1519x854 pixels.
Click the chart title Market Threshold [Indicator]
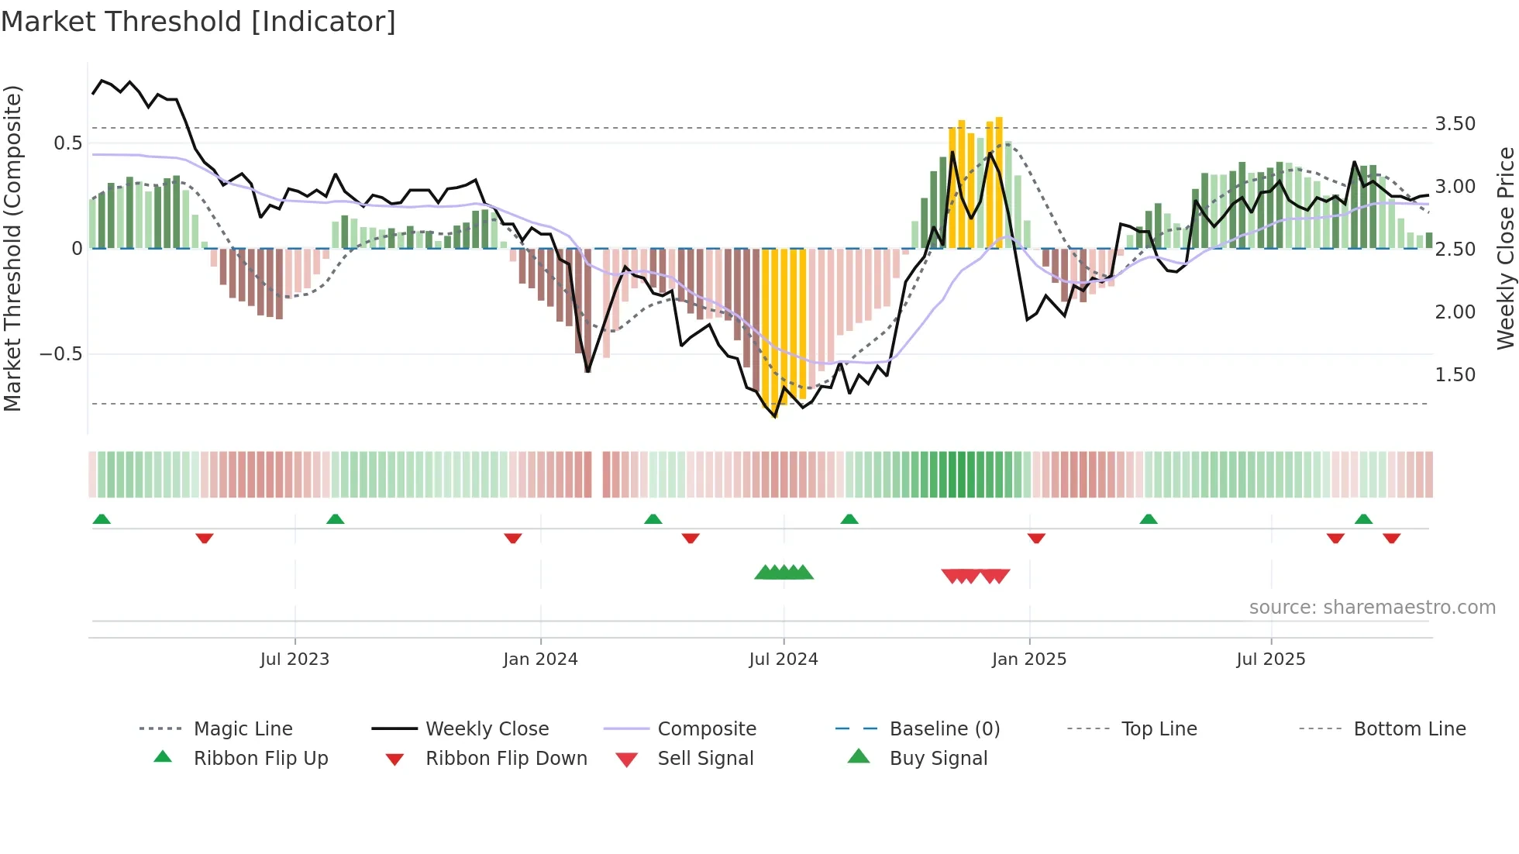198,22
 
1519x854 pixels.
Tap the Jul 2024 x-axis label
783,659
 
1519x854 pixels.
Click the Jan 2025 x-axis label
1028,659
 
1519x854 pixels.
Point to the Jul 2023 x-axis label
294,659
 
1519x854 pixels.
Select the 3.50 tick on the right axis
1455,124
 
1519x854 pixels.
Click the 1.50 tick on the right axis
1455,374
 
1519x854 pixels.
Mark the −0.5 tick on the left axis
60,354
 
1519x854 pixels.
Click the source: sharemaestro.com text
1372,607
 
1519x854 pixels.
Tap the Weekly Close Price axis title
1505,248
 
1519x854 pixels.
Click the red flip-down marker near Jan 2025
1036,538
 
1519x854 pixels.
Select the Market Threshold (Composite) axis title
12,248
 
